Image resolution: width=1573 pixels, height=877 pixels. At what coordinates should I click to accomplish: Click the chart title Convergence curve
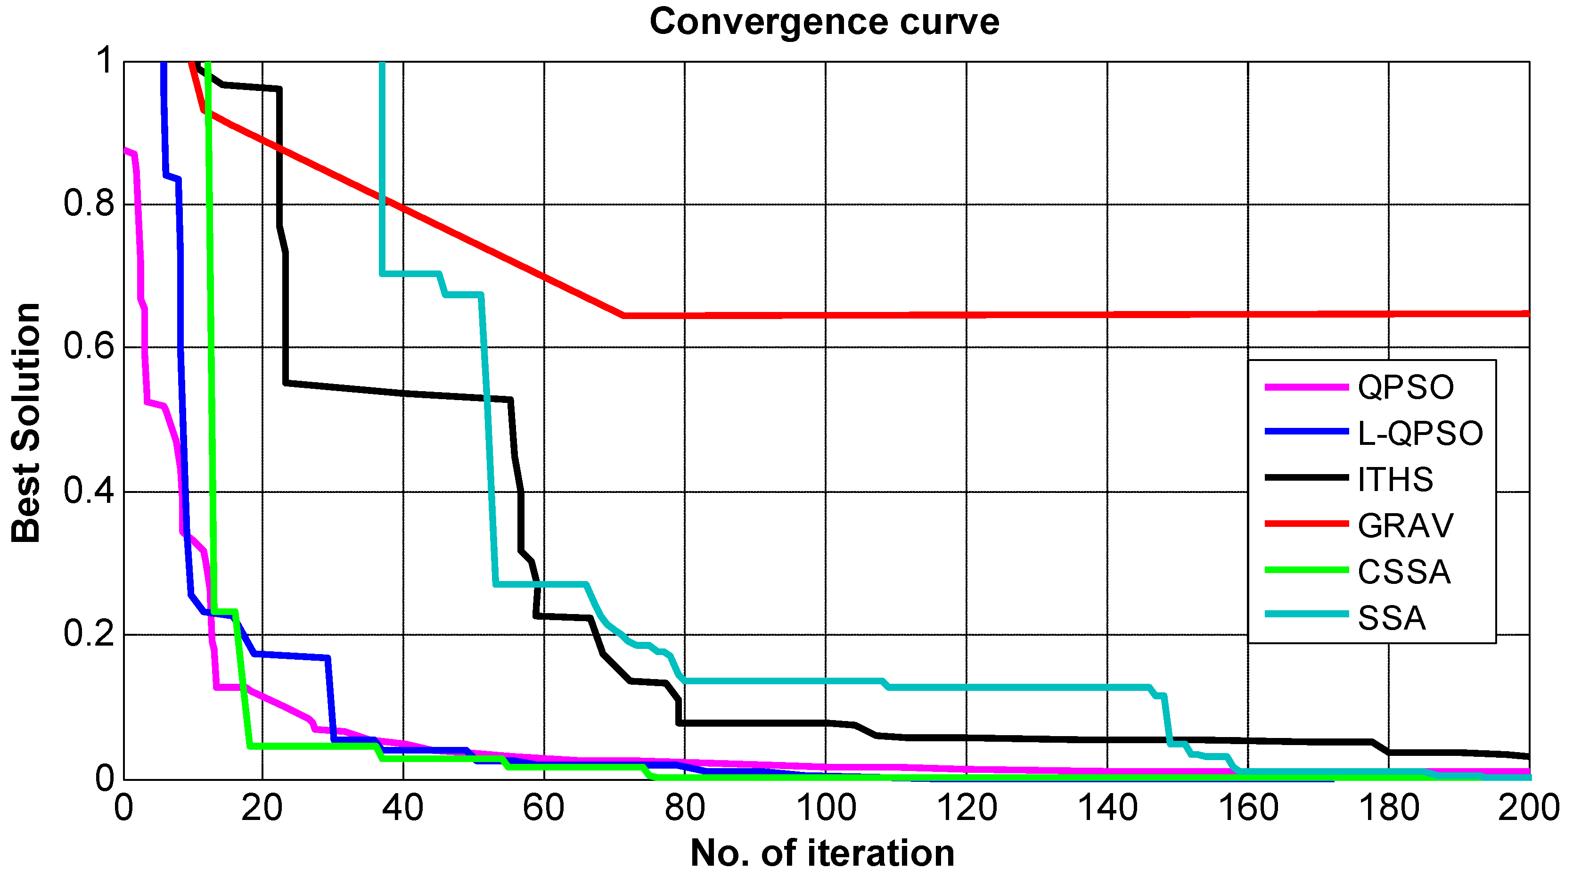[824, 22]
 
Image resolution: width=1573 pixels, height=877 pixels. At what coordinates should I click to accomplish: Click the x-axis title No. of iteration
[822, 852]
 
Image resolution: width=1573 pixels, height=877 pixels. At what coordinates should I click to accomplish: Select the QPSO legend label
[1406, 387]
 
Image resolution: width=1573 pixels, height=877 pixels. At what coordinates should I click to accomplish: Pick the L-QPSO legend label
[1420, 433]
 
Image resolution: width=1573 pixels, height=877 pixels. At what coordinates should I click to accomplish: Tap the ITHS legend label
[1395, 479]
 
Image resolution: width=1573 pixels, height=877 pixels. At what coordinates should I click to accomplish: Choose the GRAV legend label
[1405, 526]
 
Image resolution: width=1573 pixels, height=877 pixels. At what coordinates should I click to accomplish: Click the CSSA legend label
[1404, 572]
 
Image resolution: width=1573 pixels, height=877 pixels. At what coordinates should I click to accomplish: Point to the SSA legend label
[1392, 618]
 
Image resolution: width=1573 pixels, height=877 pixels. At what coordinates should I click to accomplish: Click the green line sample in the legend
[1306, 570]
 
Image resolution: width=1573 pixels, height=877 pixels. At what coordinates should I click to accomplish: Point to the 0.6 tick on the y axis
[89, 347]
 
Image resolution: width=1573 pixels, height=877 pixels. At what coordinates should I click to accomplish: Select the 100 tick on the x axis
[826, 808]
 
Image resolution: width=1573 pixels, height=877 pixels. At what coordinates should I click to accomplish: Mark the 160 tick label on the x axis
[1248, 808]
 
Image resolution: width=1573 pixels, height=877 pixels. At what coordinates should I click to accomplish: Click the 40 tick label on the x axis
[403, 808]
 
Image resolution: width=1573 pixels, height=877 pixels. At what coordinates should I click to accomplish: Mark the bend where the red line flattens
[623, 316]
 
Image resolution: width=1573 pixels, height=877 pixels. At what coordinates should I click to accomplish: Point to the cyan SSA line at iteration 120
[967, 688]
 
